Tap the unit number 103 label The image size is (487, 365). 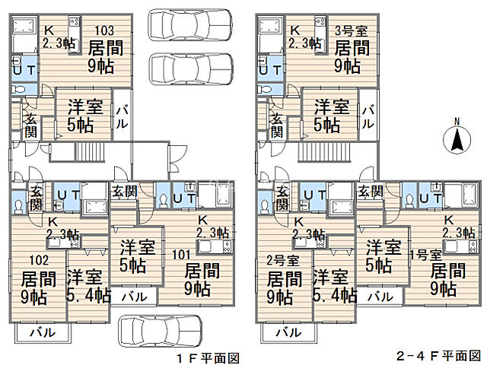[x=104, y=30]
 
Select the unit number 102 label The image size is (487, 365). [x=39, y=260]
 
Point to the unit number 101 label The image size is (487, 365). [x=181, y=255]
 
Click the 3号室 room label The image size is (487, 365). [x=351, y=30]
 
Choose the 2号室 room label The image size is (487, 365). [x=282, y=260]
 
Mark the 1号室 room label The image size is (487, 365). [x=425, y=255]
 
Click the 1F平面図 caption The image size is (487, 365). [x=208, y=358]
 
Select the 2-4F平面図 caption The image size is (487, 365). [x=438, y=356]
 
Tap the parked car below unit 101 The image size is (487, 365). [x=161, y=332]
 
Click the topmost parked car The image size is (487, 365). [x=190, y=25]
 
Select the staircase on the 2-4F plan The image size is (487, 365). [x=324, y=152]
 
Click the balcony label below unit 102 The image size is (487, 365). [x=43, y=332]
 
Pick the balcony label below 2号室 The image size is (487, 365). [x=289, y=332]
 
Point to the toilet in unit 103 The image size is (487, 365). [x=18, y=90]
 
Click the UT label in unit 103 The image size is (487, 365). [x=24, y=70]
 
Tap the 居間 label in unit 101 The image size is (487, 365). [x=202, y=271]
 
